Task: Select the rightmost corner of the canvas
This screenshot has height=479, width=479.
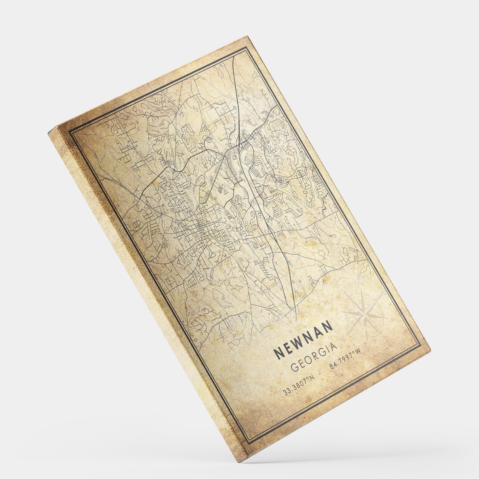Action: point(430,349)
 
